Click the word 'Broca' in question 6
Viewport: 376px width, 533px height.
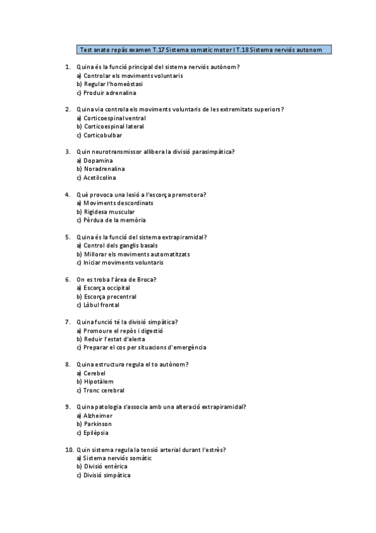pyautogui.click(x=145, y=280)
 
